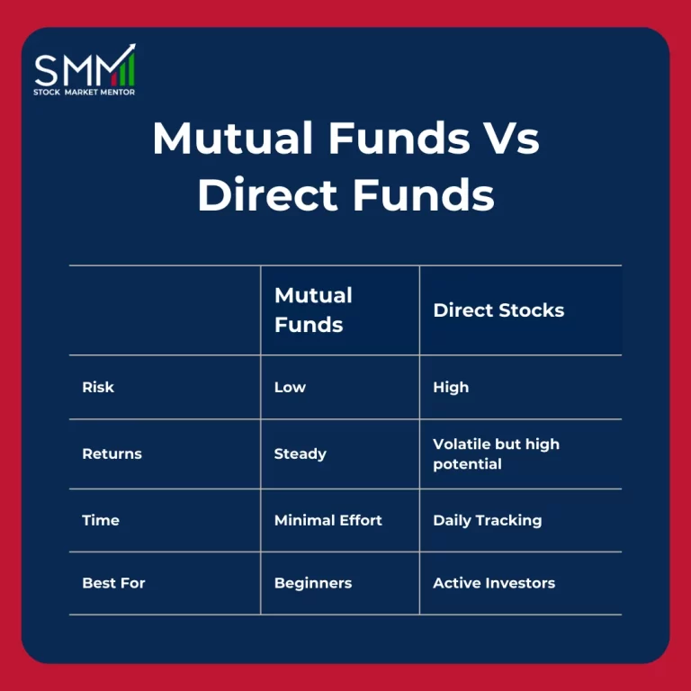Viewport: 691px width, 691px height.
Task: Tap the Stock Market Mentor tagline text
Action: click(85, 92)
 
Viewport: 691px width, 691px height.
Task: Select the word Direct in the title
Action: click(269, 195)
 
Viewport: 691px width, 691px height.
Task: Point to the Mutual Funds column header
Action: click(313, 310)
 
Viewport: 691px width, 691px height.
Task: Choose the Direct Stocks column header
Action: click(498, 310)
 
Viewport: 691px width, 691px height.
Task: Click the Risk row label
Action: click(98, 388)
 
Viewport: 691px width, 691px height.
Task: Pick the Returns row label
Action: click(112, 454)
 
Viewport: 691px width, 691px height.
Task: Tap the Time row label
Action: click(100, 520)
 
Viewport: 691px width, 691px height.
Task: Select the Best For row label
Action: click(113, 583)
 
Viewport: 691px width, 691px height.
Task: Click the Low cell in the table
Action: click(290, 388)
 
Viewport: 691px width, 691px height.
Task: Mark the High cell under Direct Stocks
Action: click(451, 388)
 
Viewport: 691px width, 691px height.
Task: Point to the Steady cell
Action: click(300, 454)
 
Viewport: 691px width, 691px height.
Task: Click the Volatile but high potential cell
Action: click(496, 454)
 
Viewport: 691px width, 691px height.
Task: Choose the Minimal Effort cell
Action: click(328, 520)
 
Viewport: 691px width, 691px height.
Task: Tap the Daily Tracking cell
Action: click(487, 520)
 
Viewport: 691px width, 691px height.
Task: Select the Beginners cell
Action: click(312, 583)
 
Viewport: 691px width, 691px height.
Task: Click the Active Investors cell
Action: click(494, 583)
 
